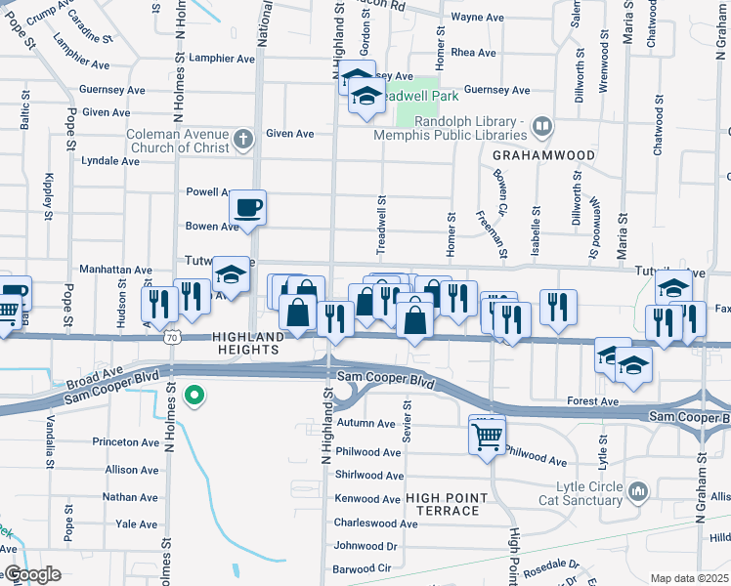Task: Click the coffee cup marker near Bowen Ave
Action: (247, 207)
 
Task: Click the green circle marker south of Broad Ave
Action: (194, 396)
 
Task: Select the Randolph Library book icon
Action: (541, 126)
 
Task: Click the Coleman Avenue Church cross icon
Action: (242, 141)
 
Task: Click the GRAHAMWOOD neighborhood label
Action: (531, 155)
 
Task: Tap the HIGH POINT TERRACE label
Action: (443, 504)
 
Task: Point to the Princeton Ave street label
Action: (125, 442)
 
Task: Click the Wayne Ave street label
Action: (477, 18)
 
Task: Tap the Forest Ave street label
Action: (593, 401)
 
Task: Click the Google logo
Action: (31, 574)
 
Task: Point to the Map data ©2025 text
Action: (690, 578)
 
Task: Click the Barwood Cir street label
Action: (362, 567)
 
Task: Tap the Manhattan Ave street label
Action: (116, 270)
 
